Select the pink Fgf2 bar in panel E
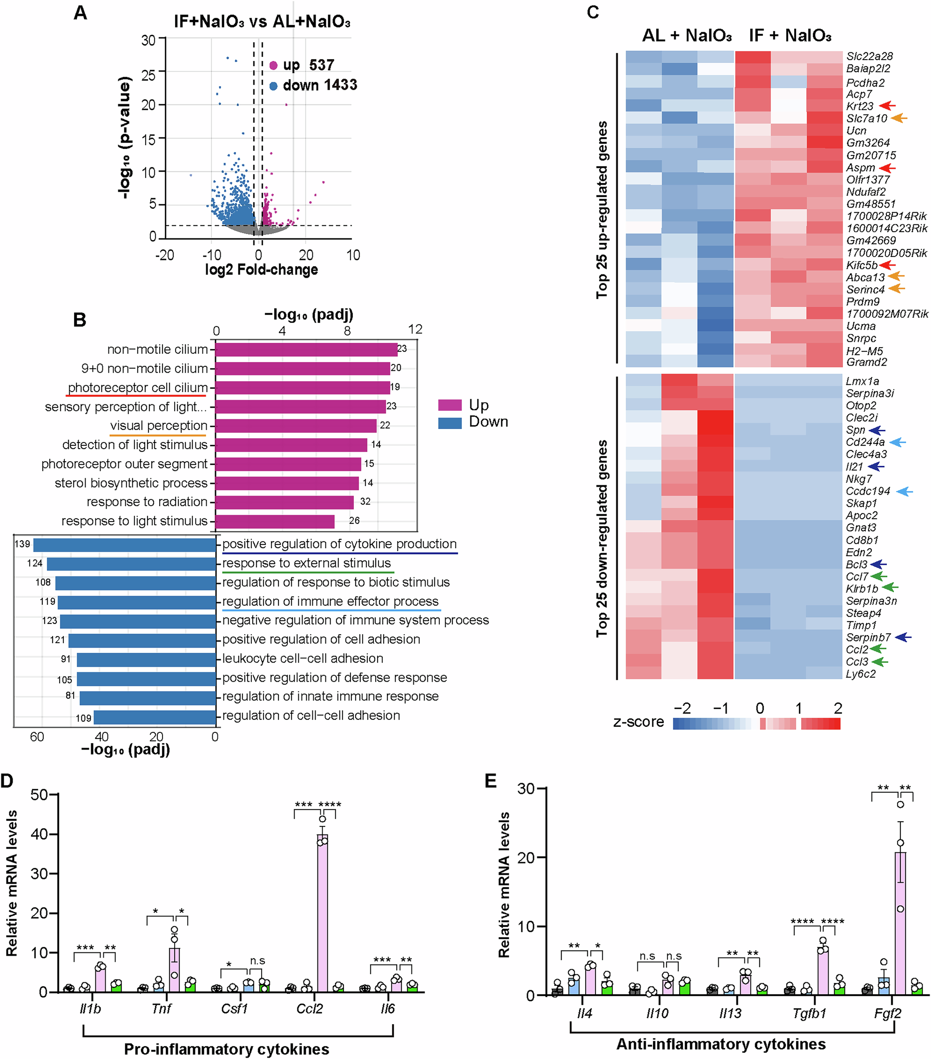[x=900, y=927]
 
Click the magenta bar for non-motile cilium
[x=306, y=350]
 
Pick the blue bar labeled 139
[x=124, y=545]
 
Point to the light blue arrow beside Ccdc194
[x=904, y=492]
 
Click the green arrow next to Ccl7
[x=879, y=576]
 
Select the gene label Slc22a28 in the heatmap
[x=869, y=56]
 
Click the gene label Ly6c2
[x=861, y=674]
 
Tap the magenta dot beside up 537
[x=273, y=65]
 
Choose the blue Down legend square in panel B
[x=449, y=423]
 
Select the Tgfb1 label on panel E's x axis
[x=809, y=1013]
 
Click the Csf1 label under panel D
[x=234, y=1009]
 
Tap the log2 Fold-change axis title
[x=261, y=270]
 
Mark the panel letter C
[x=593, y=12]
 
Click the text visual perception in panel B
[x=159, y=426]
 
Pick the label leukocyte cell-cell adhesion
[x=303, y=658]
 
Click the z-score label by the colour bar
[x=638, y=722]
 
